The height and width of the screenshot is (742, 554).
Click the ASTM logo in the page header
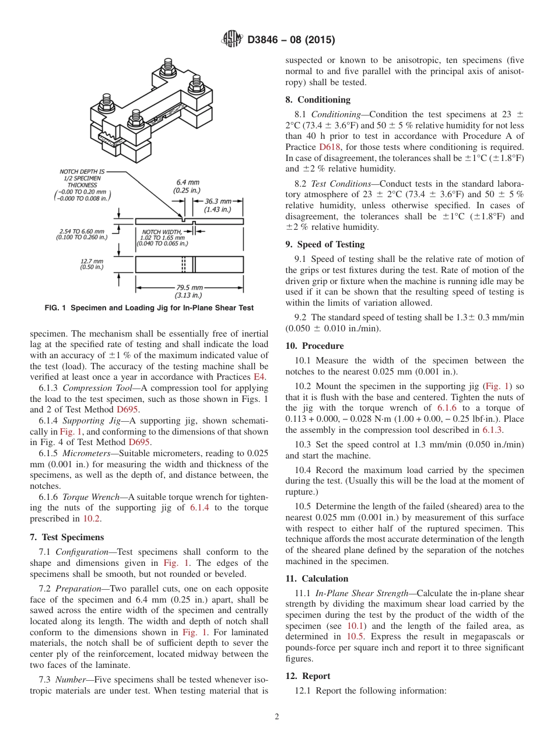click(233, 40)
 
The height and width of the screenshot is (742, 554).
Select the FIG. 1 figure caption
click(149, 308)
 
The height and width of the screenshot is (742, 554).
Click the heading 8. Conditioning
click(318, 100)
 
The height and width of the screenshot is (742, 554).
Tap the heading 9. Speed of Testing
click(325, 244)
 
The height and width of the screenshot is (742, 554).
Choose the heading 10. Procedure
click(314, 346)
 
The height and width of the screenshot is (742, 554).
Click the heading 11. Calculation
click(317, 579)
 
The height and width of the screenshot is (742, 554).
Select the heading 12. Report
click(308, 676)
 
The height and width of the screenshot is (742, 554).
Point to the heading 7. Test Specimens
click(66, 537)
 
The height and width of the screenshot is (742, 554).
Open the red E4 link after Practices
click(260, 377)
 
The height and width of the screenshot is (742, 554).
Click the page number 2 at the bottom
click(276, 717)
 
